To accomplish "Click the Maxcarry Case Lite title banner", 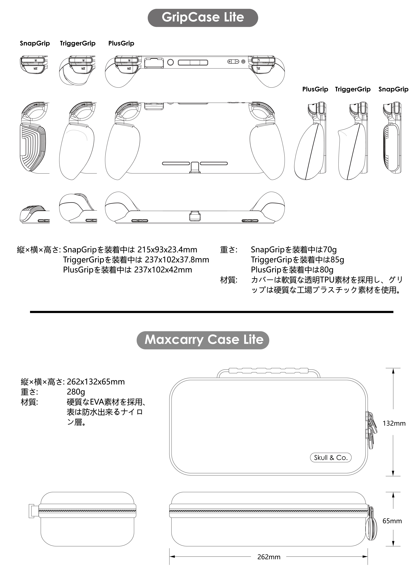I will (x=203, y=340).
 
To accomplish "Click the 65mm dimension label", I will (x=392, y=521).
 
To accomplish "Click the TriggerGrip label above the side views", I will (x=353, y=89).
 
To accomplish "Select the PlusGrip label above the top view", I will (x=121, y=43).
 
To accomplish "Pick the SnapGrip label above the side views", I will (x=393, y=89).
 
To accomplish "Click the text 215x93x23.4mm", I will (x=167, y=250).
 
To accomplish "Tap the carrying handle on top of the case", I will (x=268, y=371).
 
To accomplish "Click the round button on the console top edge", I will (x=170, y=62).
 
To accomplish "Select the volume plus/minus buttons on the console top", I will (x=233, y=62).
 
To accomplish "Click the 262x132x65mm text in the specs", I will (x=96, y=382).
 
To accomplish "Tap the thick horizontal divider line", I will (x=211, y=312).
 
